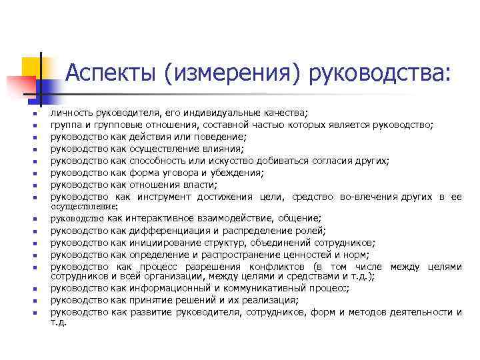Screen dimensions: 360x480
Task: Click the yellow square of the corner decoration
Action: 31,67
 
